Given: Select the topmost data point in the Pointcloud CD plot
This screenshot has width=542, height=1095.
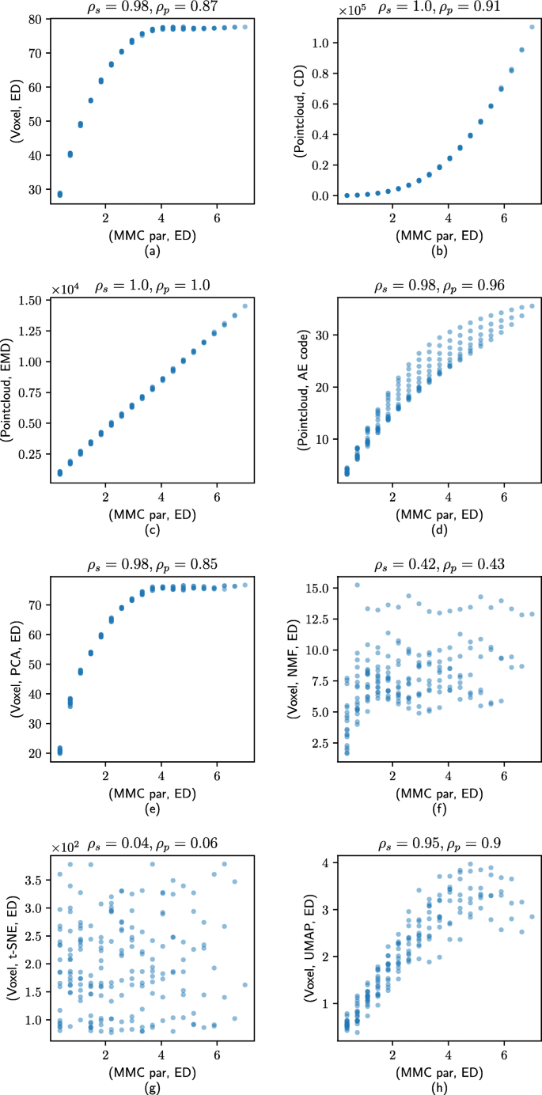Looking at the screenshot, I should click(532, 27).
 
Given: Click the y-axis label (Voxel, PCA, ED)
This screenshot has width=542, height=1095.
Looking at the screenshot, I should click(15, 656).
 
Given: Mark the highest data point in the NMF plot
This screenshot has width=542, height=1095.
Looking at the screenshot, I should click(357, 585).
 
